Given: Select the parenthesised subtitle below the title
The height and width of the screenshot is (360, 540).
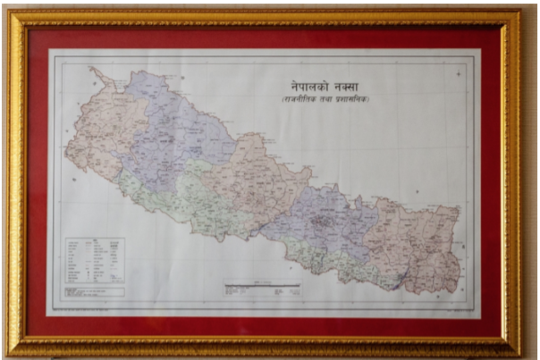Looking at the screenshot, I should (x=326, y=98).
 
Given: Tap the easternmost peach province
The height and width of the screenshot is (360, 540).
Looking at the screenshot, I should (x=420, y=241).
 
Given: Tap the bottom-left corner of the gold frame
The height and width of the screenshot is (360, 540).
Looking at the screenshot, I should (x=11, y=350).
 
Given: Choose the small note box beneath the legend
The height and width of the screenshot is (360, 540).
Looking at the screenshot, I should (x=89, y=293).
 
